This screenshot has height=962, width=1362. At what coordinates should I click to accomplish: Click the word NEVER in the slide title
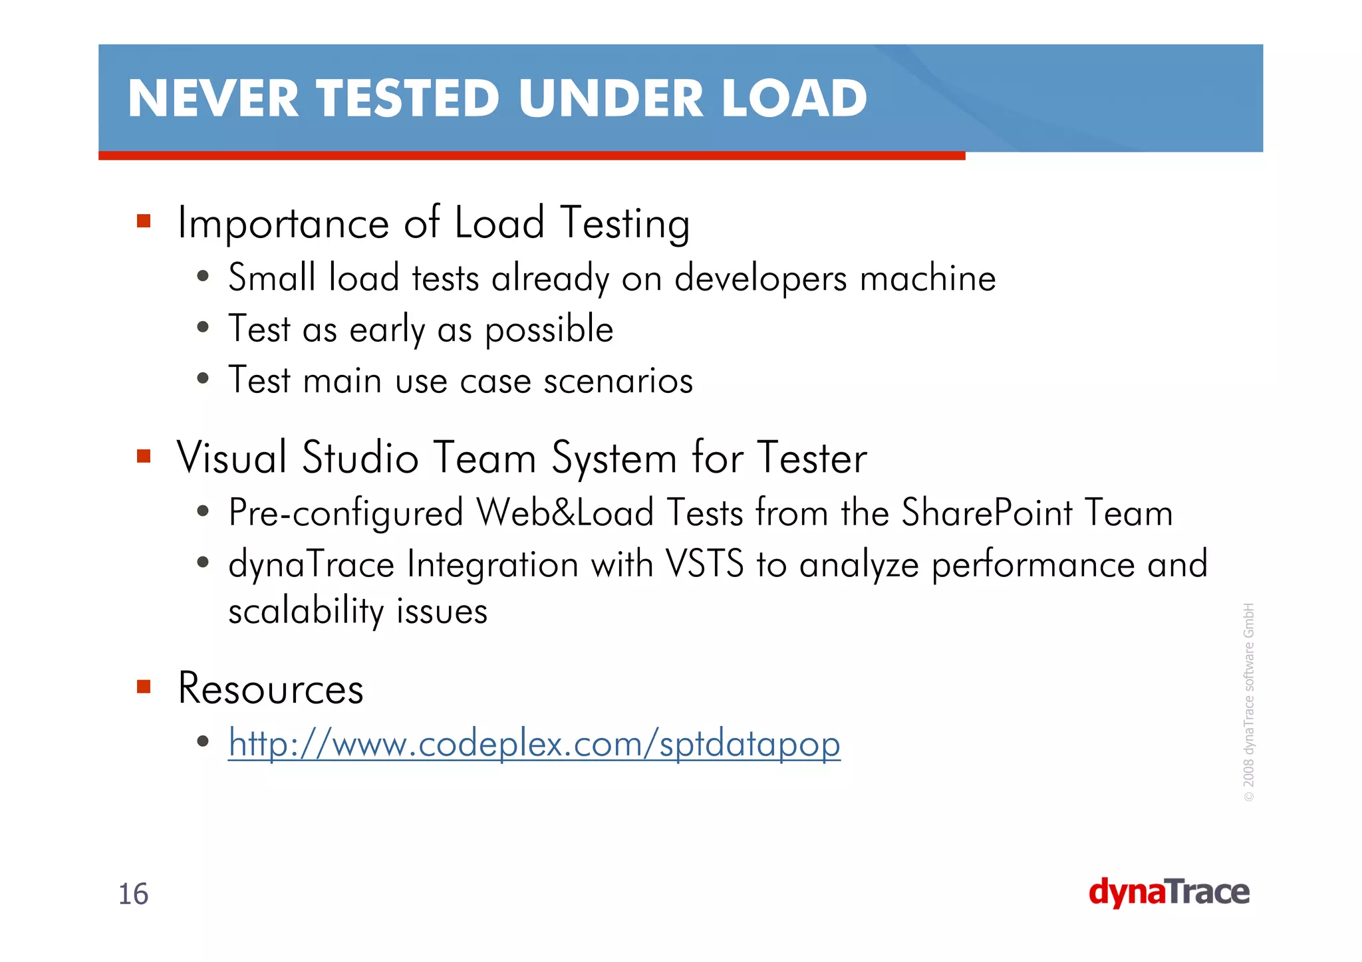(x=213, y=98)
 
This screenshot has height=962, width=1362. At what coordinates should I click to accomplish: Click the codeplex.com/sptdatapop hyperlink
(x=534, y=743)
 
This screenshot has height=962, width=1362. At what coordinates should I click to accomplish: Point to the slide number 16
(x=133, y=894)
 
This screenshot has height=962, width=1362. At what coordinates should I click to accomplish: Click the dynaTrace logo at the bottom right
(x=1168, y=893)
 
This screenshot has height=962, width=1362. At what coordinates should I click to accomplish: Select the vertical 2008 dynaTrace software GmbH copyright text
(x=1249, y=701)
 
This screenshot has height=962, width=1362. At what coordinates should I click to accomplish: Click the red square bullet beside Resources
(x=144, y=686)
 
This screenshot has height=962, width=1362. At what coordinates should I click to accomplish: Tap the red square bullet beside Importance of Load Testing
(x=144, y=221)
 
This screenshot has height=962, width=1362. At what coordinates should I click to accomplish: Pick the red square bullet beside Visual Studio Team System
(x=144, y=456)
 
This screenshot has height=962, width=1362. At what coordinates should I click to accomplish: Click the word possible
(x=549, y=330)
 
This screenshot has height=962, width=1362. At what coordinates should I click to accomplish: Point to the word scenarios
(x=618, y=381)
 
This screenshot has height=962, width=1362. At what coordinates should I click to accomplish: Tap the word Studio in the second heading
(x=360, y=458)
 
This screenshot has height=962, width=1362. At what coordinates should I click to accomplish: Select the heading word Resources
(x=271, y=689)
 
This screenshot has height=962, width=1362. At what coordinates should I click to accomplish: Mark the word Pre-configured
(x=346, y=514)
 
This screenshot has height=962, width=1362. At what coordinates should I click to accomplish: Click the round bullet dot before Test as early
(x=204, y=328)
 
